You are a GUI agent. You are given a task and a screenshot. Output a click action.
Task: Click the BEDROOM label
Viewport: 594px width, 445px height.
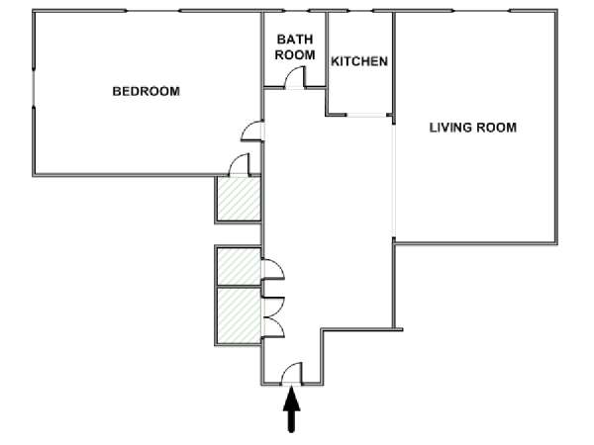[147, 91]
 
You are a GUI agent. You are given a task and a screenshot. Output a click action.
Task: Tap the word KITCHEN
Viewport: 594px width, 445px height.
[359, 61]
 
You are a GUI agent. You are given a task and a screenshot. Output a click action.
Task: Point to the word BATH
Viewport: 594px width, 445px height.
[295, 40]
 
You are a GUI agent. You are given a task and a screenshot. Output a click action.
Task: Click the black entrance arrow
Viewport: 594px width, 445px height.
[291, 409]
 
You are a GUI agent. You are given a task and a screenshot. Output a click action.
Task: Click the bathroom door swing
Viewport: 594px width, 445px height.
[294, 77]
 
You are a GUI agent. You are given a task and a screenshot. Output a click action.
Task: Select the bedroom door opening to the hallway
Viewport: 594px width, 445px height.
[251, 132]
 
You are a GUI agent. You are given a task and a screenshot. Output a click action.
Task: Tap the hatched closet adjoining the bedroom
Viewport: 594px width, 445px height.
[239, 199]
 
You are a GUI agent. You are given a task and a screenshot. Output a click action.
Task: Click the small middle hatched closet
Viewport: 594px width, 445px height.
[239, 266]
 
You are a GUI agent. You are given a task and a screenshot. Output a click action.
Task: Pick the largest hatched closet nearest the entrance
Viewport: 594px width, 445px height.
[239, 316]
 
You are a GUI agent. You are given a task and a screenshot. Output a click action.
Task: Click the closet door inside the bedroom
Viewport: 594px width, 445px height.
[240, 164]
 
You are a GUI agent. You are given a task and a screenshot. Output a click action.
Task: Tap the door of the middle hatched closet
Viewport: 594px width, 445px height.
[273, 270]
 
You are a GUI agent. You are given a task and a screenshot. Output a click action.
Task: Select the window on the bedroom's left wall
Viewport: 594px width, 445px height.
[34, 88]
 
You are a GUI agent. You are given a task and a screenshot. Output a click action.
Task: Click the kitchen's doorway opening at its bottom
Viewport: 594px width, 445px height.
[366, 115]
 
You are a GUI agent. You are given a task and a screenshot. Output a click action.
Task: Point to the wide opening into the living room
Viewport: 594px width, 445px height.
[394, 181]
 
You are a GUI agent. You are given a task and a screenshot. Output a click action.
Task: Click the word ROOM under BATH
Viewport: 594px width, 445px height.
[295, 54]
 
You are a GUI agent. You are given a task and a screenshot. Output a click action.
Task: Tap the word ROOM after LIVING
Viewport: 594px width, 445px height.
[496, 128]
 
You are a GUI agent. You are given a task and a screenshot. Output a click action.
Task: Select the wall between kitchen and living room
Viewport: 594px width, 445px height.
[394, 67]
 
